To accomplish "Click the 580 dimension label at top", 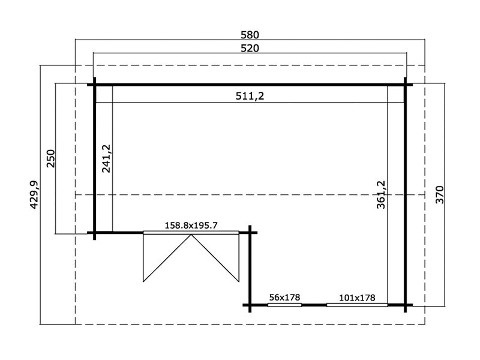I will [x=250, y=35].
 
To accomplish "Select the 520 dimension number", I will [x=250, y=49].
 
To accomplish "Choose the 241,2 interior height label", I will [x=106, y=158].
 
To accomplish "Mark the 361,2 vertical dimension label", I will [x=380, y=194].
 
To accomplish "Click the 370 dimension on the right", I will [x=440, y=195].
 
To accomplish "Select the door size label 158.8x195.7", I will [x=191, y=226].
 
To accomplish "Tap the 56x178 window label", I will [x=284, y=298].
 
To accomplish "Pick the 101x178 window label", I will [x=357, y=298].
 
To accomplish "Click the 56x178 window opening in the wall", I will [x=284, y=305].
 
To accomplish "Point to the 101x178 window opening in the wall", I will [x=357, y=305].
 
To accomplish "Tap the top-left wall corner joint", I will [x=94, y=85].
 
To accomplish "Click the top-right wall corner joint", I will [x=406, y=85].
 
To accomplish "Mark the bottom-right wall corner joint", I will [x=406, y=305].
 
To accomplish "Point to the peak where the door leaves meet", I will [x=191, y=235].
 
